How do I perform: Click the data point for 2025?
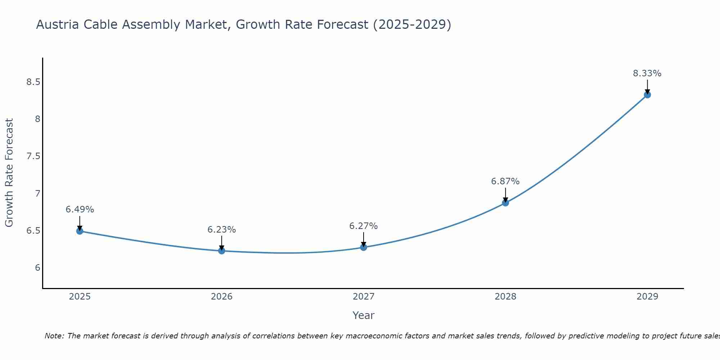pos(80,231)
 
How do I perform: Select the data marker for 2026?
pos(222,251)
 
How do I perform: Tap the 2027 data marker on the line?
pos(364,247)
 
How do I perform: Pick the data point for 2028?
pos(505,203)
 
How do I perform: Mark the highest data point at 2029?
pos(647,95)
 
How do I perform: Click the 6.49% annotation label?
pos(80,210)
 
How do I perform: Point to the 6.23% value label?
pos(222,230)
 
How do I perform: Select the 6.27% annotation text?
pos(364,226)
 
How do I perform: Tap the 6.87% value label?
pos(505,181)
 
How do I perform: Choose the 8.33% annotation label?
pos(647,73)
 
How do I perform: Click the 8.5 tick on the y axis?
pos(33,82)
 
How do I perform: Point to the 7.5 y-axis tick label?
pos(33,156)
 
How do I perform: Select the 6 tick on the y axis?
pos(37,267)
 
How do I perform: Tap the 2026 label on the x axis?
pos(222,297)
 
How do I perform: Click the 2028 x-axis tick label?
pos(505,297)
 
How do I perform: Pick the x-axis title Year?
pos(364,315)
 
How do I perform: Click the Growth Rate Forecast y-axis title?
pos(9,173)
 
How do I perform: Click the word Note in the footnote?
pos(54,336)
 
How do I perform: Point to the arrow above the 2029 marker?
pos(647,86)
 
